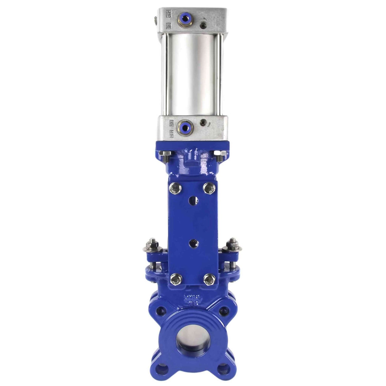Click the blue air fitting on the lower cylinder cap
[185, 126]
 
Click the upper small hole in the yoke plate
[192, 199]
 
